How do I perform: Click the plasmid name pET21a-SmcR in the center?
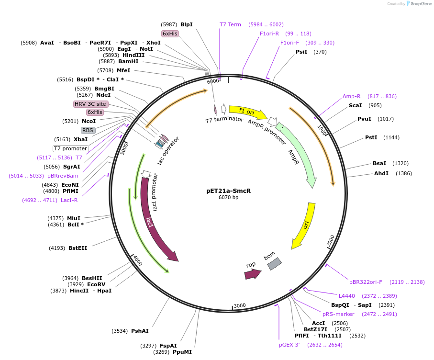[228, 190]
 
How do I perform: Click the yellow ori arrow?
[304, 225]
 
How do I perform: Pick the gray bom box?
[274, 263]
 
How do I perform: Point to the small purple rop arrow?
[252, 274]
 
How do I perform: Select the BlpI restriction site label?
[186, 24]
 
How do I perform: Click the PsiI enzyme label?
[301, 52]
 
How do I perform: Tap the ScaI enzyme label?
[355, 105]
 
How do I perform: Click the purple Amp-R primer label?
[351, 96]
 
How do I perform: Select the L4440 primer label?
[346, 296]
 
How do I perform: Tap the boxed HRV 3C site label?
[90, 104]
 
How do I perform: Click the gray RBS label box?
[88, 130]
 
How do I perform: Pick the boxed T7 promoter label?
[70, 148]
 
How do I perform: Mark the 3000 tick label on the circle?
[239, 305]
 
